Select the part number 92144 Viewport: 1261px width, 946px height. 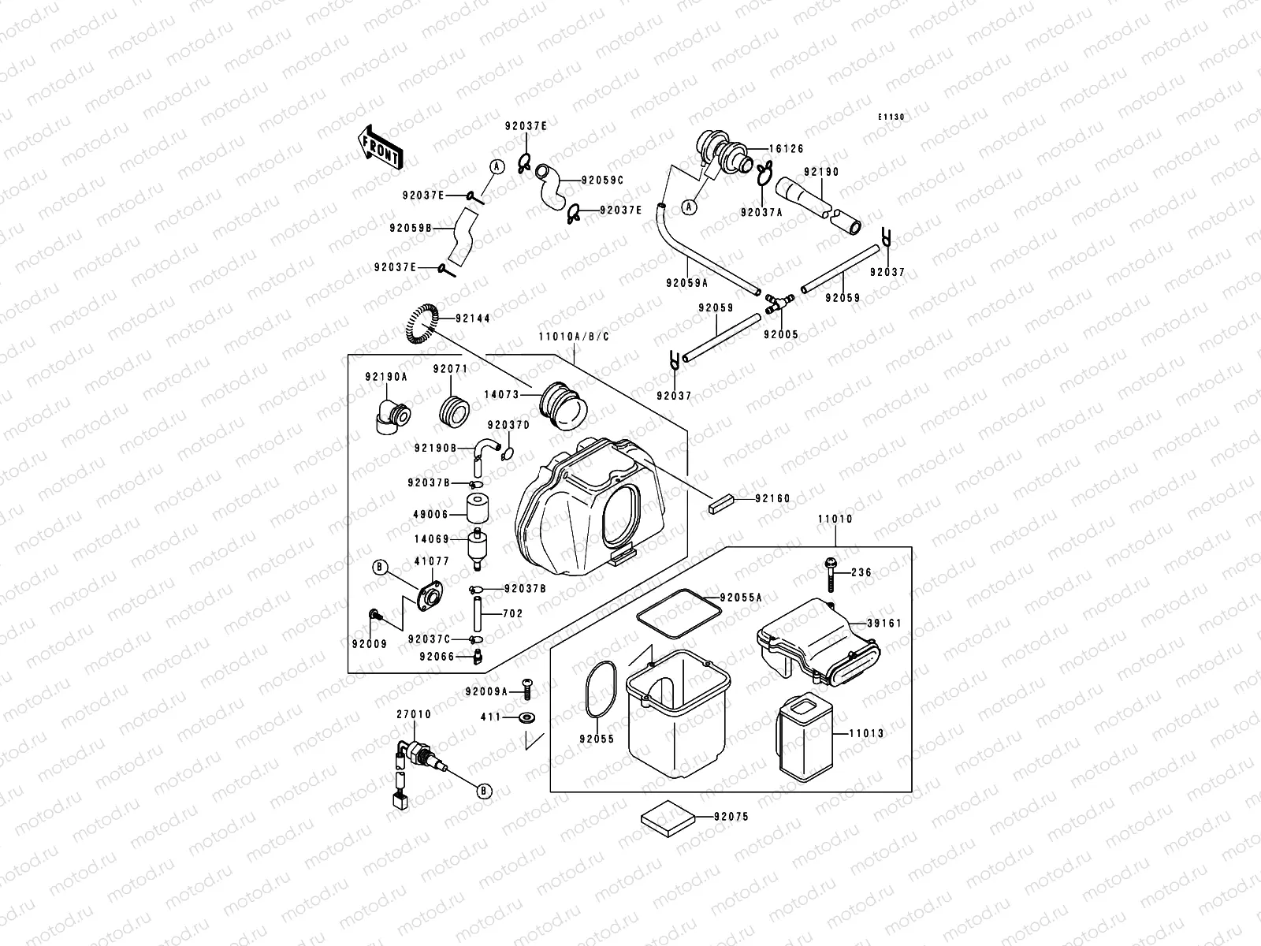pyautogui.click(x=472, y=318)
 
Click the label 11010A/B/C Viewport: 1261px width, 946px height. pyautogui.click(x=574, y=337)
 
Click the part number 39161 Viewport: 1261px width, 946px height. pyautogui.click(x=883, y=623)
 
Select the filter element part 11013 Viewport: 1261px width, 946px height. pyautogui.click(x=804, y=736)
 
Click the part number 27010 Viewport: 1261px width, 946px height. pyautogui.click(x=414, y=714)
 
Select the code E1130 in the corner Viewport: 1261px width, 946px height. pyautogui.click(x=892, y=117)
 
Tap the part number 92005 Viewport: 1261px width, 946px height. pyautogui.click(x=780, y=334)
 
